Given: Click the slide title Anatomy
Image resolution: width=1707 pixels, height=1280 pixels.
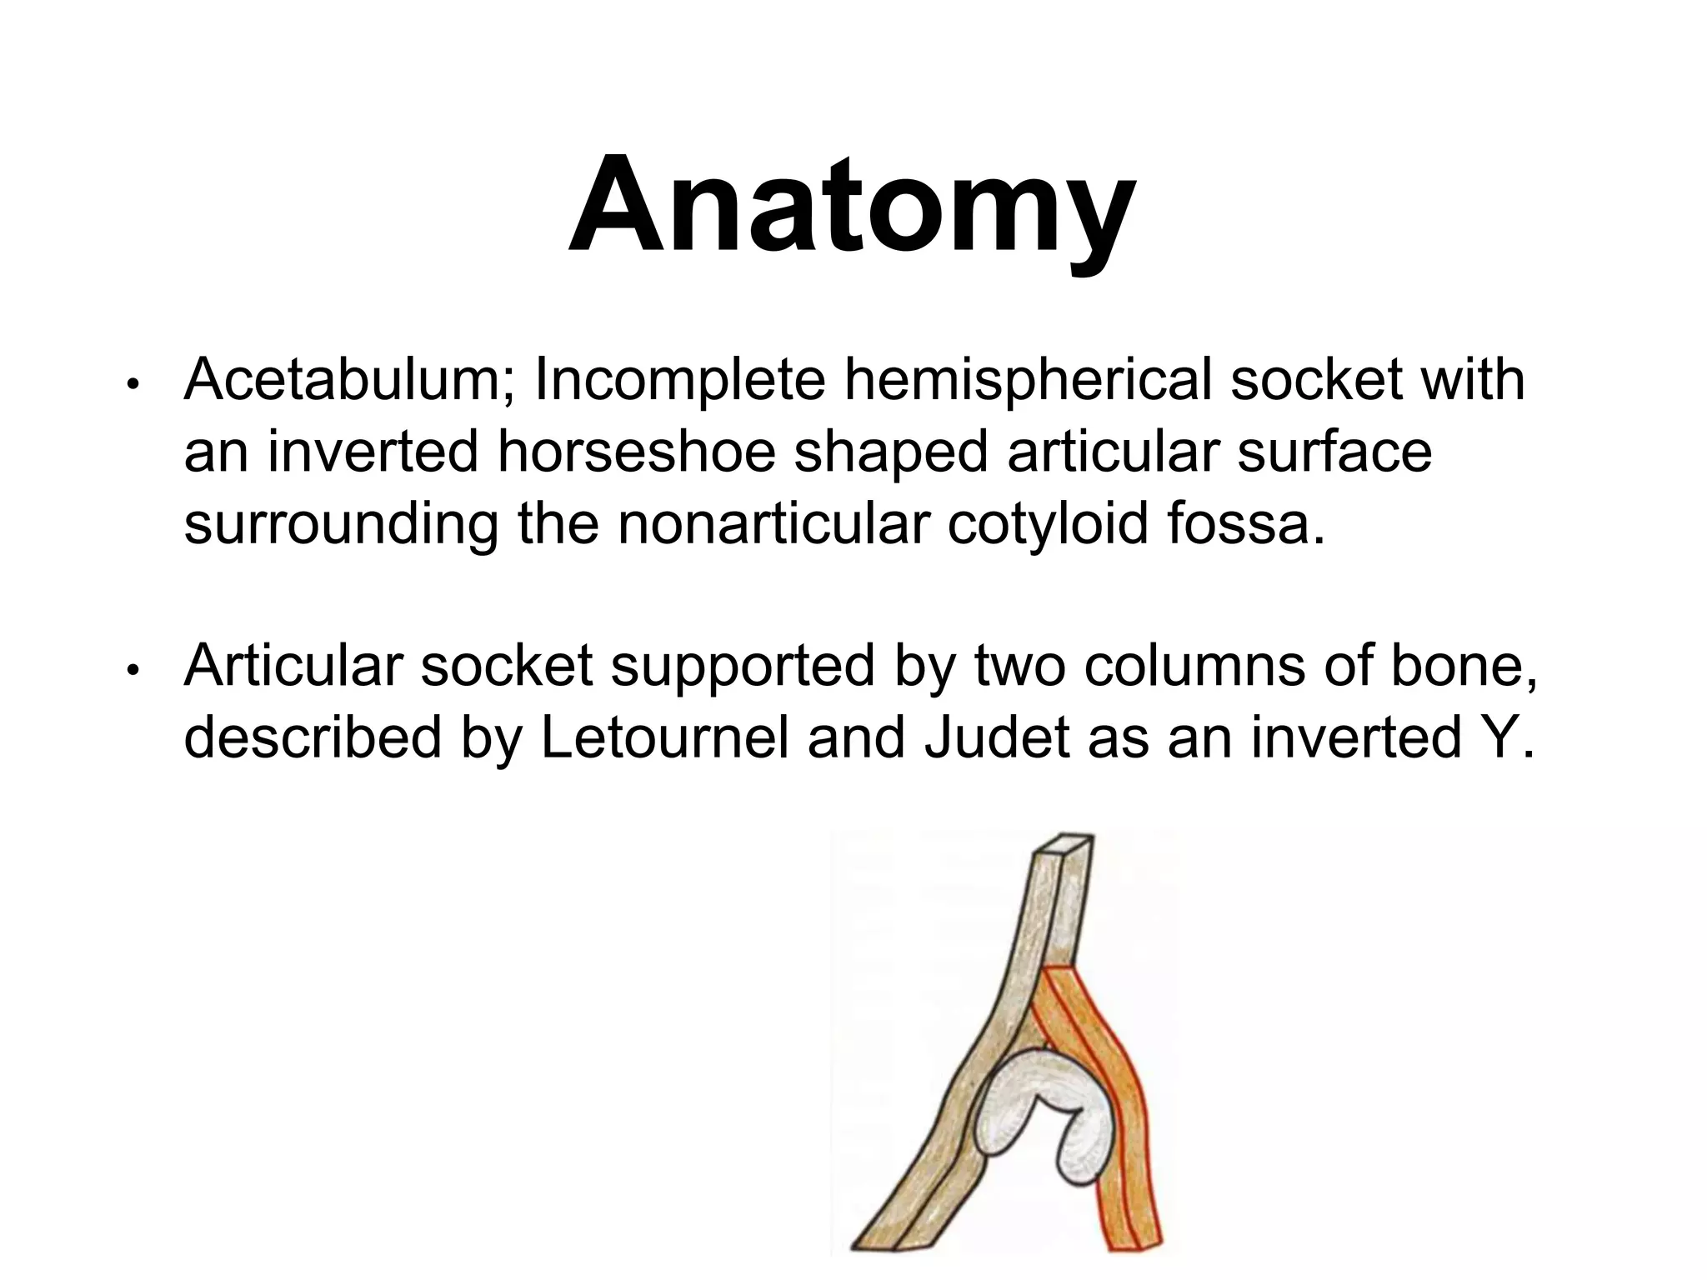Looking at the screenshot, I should [x=852, y=207].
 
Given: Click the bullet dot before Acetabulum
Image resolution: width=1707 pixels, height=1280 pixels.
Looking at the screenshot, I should [x=132, y=386].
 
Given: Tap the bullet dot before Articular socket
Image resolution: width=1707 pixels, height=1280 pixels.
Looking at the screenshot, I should [x=132, y=671].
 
